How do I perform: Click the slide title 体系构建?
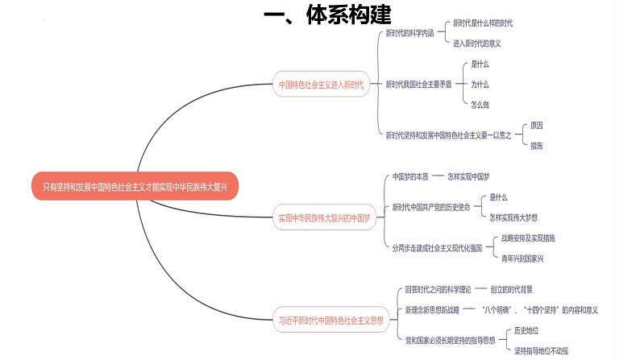click(327, 15)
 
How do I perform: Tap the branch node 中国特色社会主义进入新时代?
click(321, 84)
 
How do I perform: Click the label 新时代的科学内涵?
click(409, 33)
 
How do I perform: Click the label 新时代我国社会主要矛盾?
click(419, 84)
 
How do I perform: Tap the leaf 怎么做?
click(480, 104)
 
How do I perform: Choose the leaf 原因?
click(536, 126)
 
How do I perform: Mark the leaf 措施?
click(536, 146)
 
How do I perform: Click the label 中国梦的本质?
click(408, 176)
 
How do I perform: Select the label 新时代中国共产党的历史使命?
click(432, 207)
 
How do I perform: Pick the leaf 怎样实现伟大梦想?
click(513, 217)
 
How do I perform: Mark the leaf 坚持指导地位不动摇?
click(541, 350)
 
